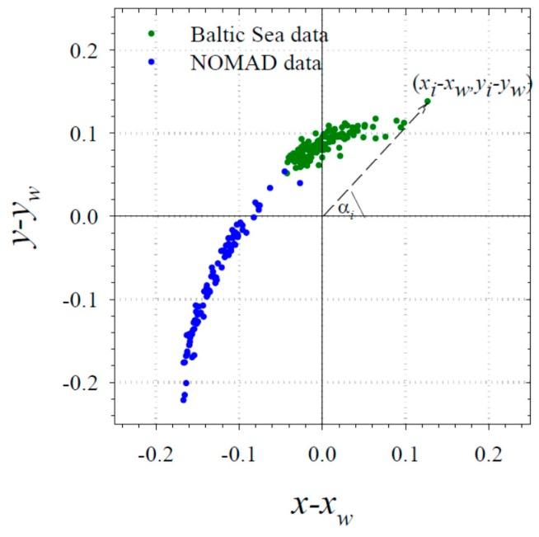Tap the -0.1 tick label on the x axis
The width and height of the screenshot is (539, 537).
click(x=237, y=454)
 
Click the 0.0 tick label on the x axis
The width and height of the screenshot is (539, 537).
click(x=322, y=454)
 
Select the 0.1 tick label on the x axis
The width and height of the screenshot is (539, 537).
click(x=405, y=454)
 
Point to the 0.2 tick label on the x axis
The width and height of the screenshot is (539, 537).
click(x=489, y=454)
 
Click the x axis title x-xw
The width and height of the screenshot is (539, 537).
click(x=322, y=505)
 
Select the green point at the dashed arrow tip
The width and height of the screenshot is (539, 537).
click(x=427, y=101)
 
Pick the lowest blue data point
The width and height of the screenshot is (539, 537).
click(x=183, y=400)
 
